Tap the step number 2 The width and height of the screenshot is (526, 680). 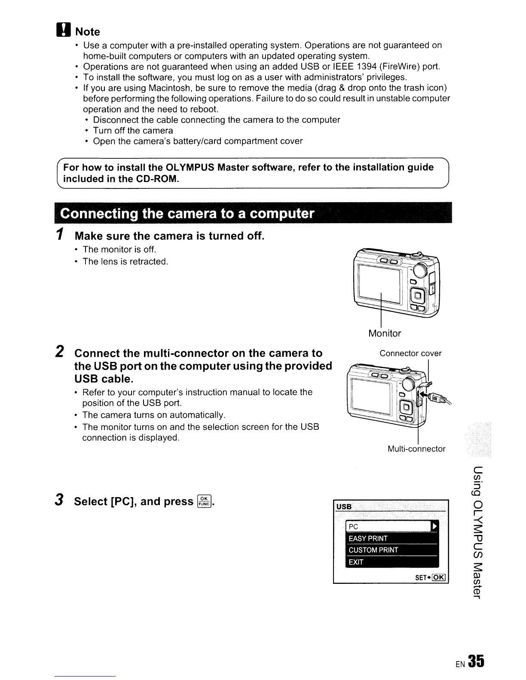coord(61,352)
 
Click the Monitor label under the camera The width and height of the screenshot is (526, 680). coord(385,333)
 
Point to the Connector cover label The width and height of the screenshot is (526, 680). coord(410,353)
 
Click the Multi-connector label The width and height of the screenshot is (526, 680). coord(416,449)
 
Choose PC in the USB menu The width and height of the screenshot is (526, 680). coord(354,527)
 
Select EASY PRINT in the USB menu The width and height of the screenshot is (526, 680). coord(368,538)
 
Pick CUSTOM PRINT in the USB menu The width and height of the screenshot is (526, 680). coord(373,550)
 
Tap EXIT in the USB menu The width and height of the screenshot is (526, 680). coord(356,562)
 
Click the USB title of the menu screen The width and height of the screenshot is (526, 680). coord(344,507)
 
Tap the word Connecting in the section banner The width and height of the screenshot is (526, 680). coord(98,214)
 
